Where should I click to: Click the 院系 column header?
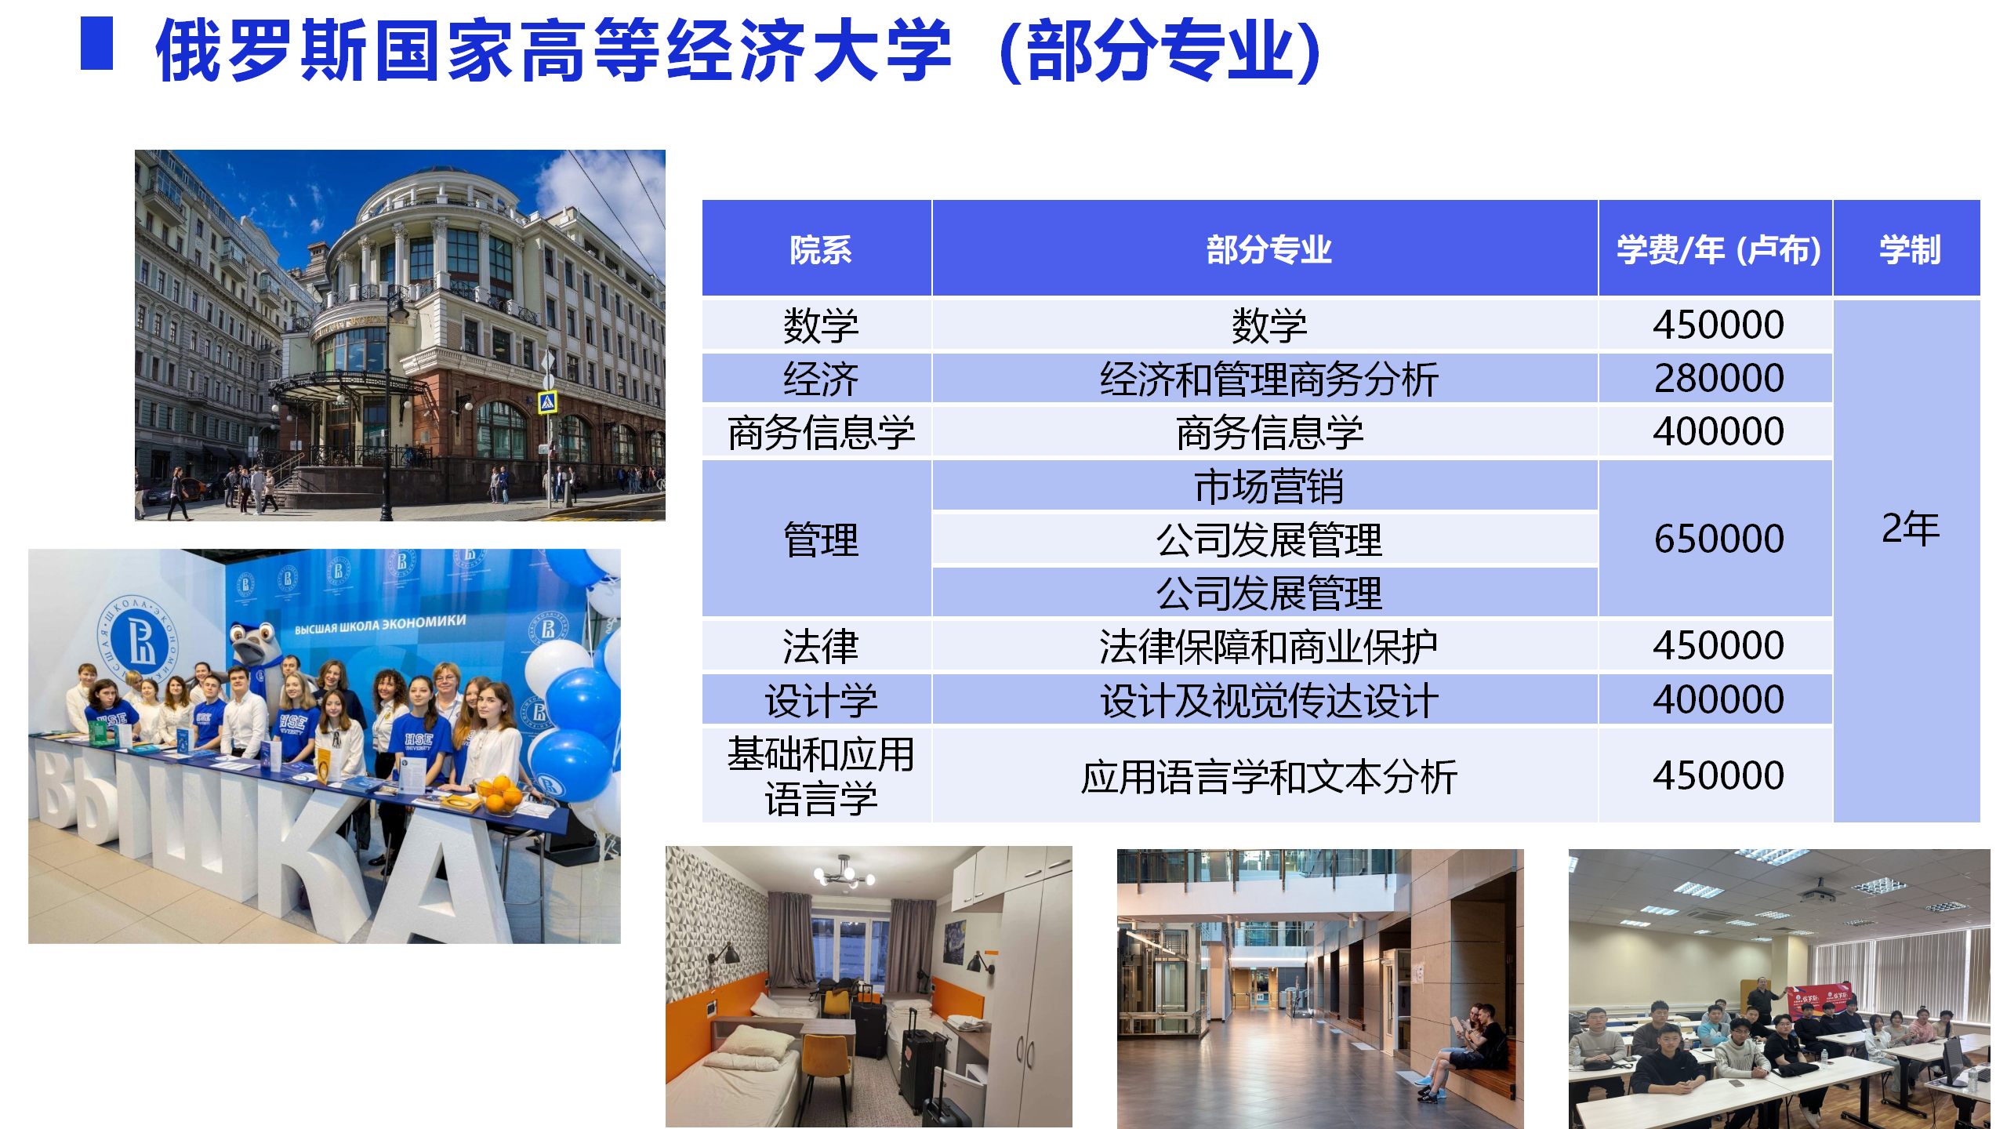click(820, 250)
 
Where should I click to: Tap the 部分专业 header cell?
click(1268, 250)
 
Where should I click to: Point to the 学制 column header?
click(1910, 250)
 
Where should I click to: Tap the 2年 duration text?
click(1911, 528)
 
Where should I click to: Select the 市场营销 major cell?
click(1268, 486)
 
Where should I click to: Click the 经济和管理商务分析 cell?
click(1268, 379)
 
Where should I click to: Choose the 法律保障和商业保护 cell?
click(1268, 647)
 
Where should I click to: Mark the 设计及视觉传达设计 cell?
click(1268, 700)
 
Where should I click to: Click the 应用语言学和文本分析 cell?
click(1268, 777)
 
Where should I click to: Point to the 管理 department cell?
click(820, 540)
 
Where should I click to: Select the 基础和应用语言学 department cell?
click(820, 776)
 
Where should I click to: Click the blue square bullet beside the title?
click(97, 43)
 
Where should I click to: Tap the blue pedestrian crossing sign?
click(547, 402)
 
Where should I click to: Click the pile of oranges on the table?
click(499, 791)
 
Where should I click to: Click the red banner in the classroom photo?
click(1818, 1000)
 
